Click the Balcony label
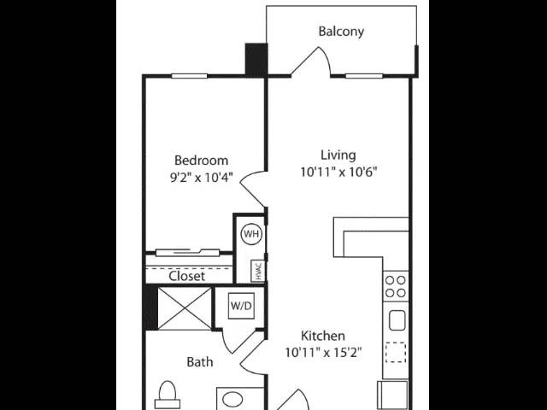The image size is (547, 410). (341, 32)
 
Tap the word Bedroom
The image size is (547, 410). (202, 161)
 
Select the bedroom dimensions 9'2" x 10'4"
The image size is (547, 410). (202, 178)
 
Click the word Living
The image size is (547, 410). (338, 155)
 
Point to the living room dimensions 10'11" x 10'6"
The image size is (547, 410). (338, 172)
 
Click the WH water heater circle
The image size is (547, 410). (251, 233)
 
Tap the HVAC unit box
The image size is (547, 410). (258, 271)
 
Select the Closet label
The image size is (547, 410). (186, 276)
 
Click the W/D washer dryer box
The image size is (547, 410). (241, 306)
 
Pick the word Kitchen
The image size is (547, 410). (323, 336)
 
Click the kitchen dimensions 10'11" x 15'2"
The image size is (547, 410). (323, 353)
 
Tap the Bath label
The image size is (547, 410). (199, 362)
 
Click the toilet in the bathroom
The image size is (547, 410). (168, 395)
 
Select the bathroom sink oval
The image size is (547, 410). (232, 400)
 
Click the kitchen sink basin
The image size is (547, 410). (397, 320)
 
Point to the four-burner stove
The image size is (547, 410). (396, 287)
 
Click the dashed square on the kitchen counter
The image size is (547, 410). (396, 353)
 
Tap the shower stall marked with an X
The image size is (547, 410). (185, 308)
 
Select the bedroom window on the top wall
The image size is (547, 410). (190, 76)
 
